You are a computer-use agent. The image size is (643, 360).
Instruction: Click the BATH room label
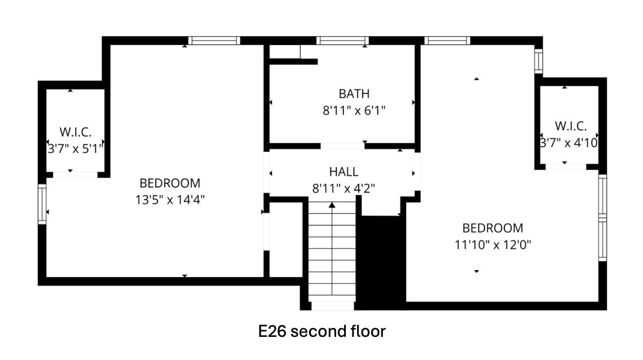point(354,94)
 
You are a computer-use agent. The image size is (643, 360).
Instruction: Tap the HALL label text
point(343,172)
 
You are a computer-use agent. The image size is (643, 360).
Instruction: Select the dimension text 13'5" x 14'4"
point(170,200)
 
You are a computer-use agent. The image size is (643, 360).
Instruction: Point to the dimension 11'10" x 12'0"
point(492,245)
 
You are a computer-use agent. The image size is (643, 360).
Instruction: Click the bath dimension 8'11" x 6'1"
point(354,111)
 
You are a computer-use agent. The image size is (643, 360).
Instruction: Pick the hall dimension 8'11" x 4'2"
point(343,188)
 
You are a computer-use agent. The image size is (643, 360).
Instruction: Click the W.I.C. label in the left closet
point(76,132)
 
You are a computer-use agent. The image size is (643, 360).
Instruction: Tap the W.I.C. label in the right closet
point(570,126)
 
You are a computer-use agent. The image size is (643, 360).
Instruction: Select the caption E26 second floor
point(322,331)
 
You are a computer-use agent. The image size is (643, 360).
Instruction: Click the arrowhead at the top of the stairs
point(332,205)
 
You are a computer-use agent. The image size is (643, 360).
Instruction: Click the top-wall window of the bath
point(342,40)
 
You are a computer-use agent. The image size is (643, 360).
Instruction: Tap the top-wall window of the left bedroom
point(214,40)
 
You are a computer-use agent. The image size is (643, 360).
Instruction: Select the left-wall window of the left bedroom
point(42,204)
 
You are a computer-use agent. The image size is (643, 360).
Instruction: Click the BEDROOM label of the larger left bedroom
point(170,183)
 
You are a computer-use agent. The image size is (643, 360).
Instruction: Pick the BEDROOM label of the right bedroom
point(492,228)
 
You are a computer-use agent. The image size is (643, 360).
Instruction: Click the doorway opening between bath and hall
point(342,146)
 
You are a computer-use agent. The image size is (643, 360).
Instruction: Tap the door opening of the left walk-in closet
point(75,175)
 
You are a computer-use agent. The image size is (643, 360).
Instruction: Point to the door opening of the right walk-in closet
point(566,167)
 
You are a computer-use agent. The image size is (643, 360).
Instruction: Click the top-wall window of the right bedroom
point(447,40)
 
